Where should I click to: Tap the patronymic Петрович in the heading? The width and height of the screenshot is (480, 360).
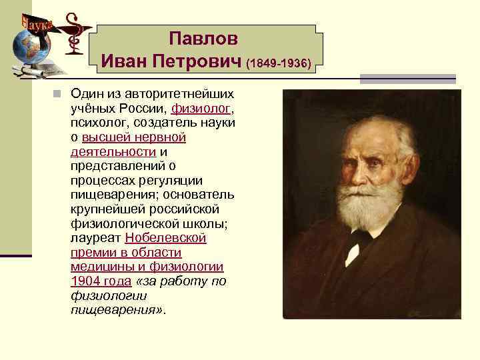198,62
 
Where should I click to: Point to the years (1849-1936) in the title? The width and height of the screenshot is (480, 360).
279,64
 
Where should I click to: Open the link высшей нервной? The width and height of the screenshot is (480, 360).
133,137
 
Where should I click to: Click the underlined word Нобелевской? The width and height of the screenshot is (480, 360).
165,238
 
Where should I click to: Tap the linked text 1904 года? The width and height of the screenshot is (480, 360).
101,281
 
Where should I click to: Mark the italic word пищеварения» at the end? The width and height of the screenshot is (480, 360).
115,311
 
